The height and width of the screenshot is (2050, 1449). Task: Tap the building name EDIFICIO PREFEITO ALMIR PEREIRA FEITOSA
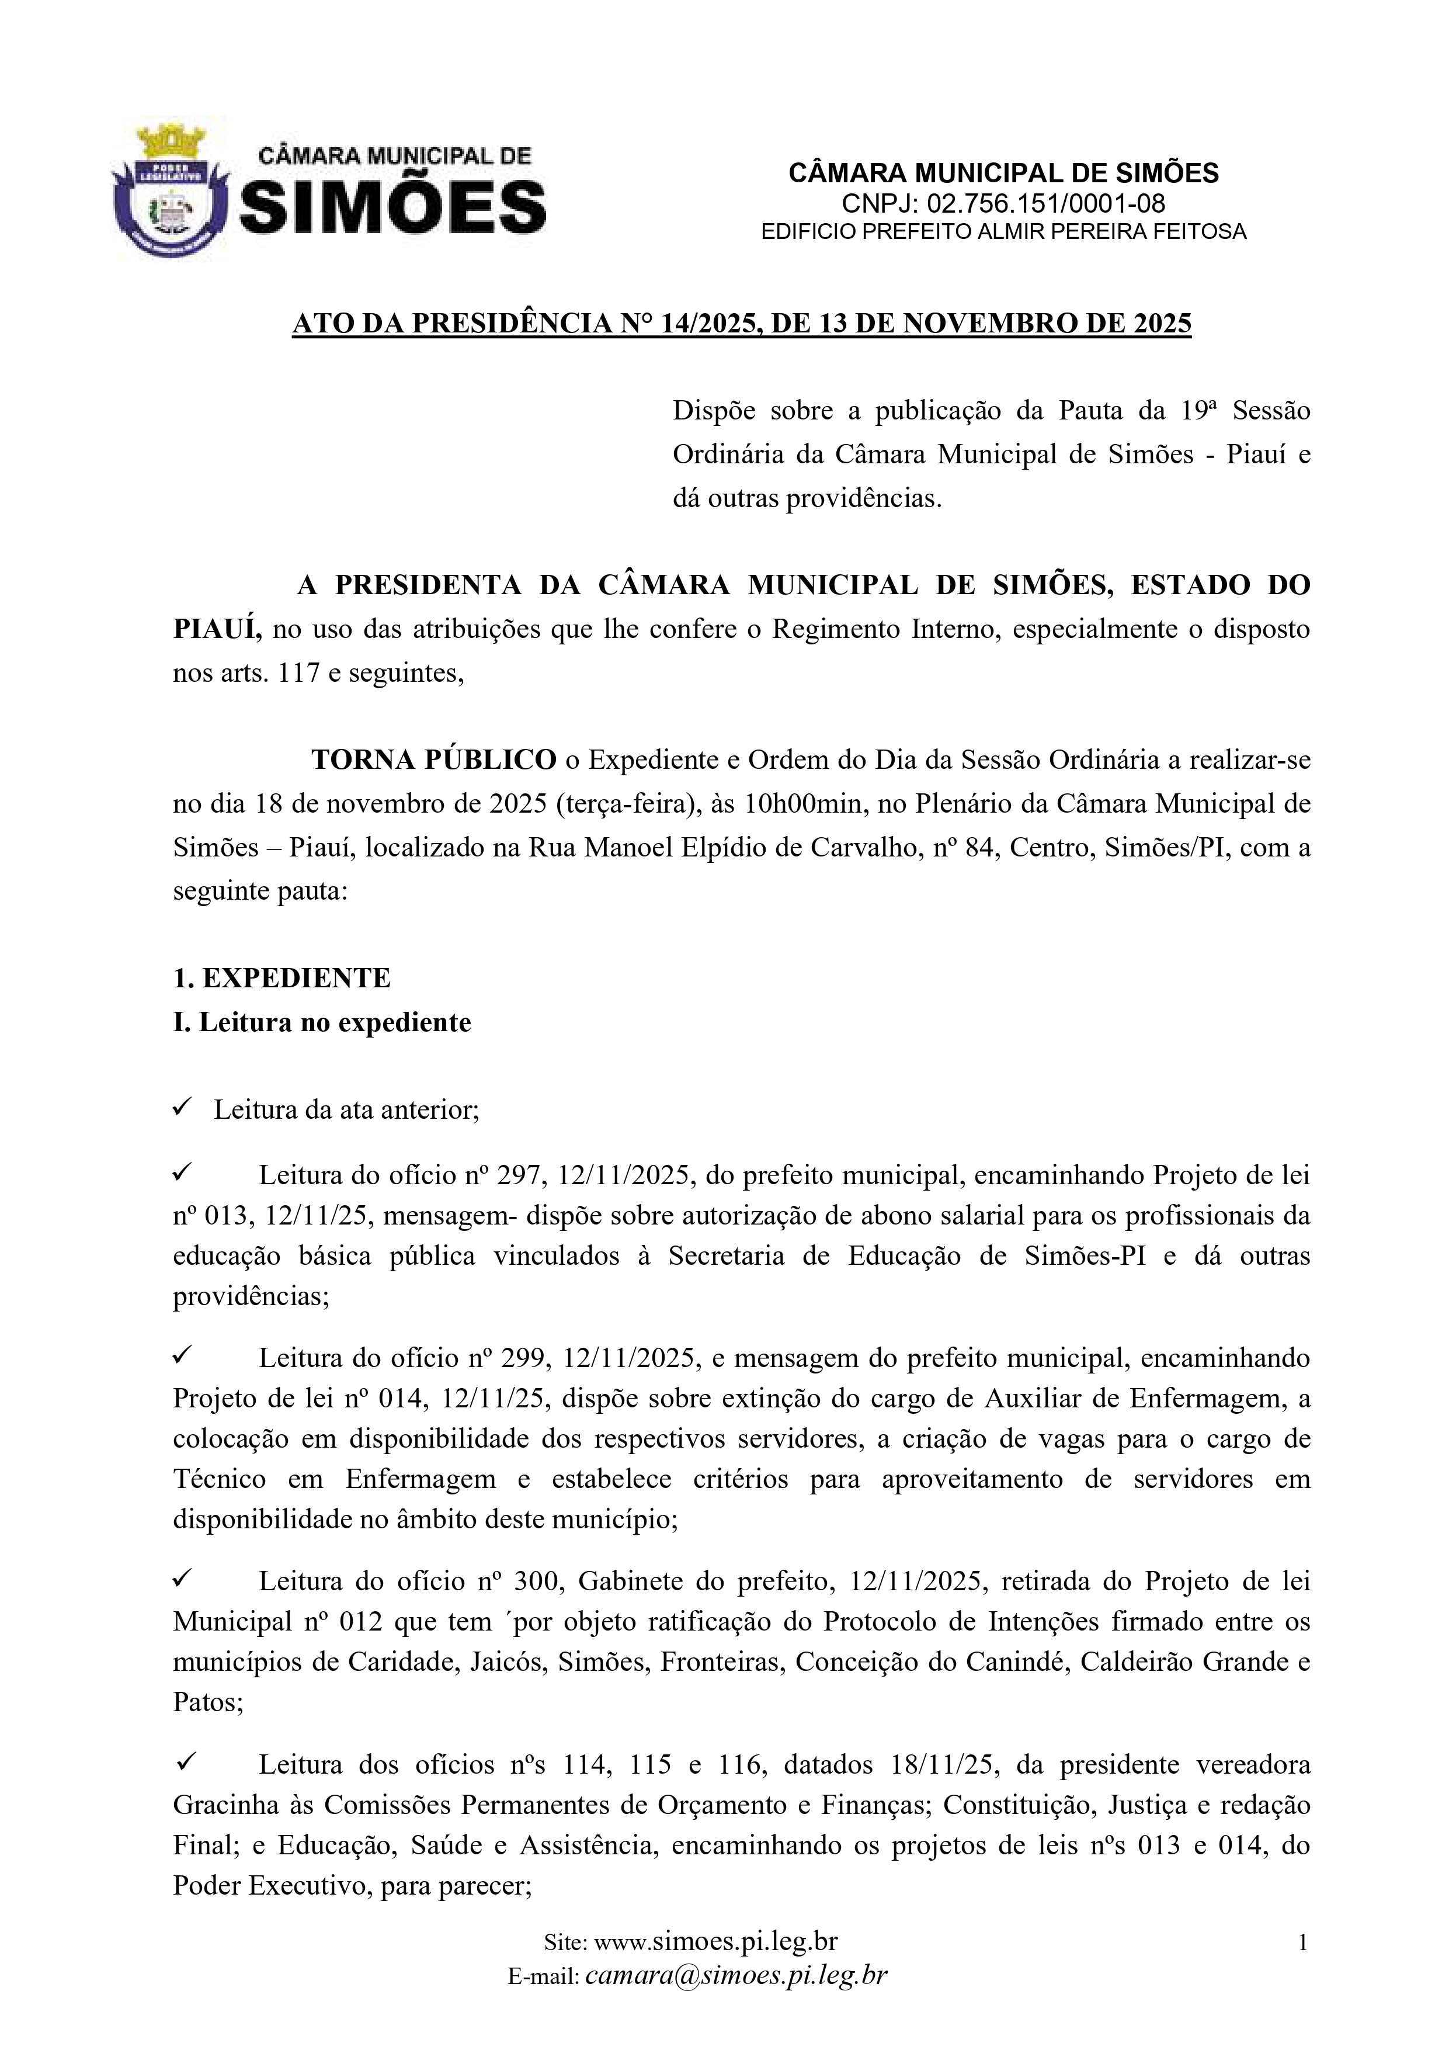coord(1003,232)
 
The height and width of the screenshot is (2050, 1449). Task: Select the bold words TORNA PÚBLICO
coord(434,760)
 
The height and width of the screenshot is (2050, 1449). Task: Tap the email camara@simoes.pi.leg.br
coord(736,1975)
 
